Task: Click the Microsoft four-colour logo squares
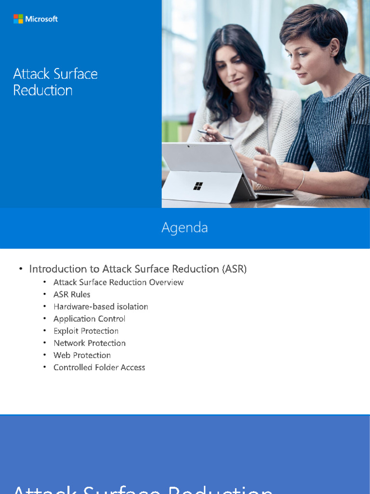point(18,19)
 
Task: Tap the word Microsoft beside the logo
point(41,19)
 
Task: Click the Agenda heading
point(185,228)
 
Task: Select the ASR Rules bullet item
point(72,294)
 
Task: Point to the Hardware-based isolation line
point(101,306)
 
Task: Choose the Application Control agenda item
point(89,318)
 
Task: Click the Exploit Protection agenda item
point(86,331)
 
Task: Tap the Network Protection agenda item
point(90,343)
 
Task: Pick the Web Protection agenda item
point(82,355)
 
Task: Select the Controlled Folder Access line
point(99,367)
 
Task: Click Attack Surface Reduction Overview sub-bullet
point(119,282)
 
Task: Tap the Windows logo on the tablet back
point(198,186)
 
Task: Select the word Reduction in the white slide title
point(43,90)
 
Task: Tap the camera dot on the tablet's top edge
point(188,146)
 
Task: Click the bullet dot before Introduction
point(21,269)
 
